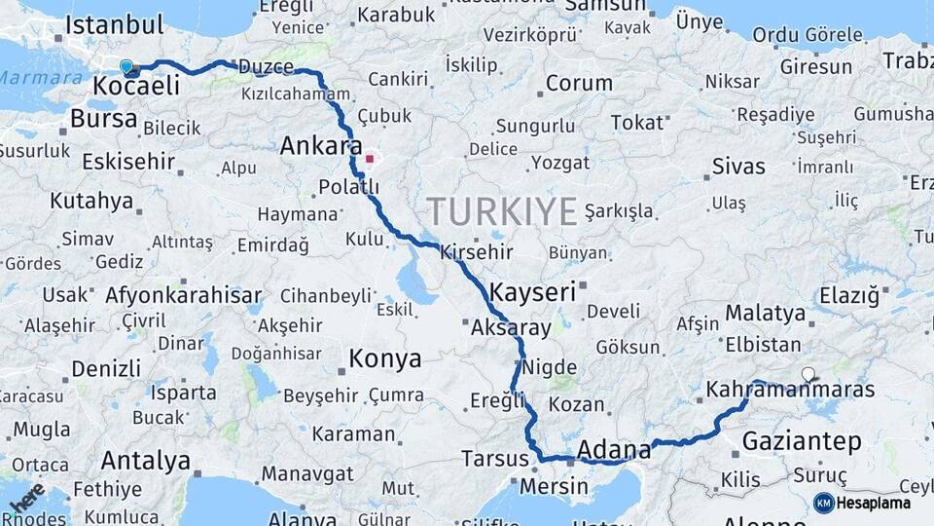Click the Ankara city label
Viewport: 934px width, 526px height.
(x=314, y=146)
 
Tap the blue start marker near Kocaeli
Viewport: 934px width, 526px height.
(x=126, y=67)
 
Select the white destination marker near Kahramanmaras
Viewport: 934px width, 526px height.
(x=808, y=373)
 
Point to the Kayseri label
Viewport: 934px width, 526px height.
(x=532, y=291)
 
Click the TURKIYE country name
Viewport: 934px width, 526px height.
(x=502, y=210)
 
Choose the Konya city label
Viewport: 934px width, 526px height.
(x=385, y=358)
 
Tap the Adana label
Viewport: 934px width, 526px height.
(x=614, y=450)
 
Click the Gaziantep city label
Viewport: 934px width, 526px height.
(x=802, y=441)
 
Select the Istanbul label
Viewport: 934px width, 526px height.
(x=114, y=25)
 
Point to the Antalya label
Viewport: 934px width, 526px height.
(x=145, y=459)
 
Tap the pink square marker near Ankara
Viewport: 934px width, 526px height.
(x=369, y=159)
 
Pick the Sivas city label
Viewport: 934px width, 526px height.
(x=738, y=166)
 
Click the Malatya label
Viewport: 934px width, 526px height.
(x=765, y=314)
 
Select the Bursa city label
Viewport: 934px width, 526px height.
(x=104, y=119)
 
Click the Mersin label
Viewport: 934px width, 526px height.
(x=555, y=485)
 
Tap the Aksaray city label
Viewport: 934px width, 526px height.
(x=511, y=328)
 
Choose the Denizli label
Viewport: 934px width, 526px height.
(x=106, y=369)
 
